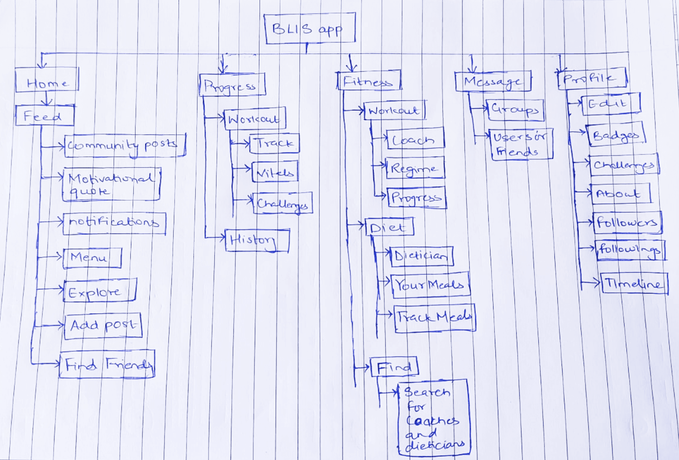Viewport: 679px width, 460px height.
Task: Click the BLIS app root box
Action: pos(309,29)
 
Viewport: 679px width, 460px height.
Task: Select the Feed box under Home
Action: pos(44,116)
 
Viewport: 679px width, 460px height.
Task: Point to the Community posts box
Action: pos(125,145)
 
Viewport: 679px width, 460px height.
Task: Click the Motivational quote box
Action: pos(111,184)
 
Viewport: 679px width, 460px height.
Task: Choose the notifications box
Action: pos(114,223)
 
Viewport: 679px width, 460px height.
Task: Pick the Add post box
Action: pos(103,326)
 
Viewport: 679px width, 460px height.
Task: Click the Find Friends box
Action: pos(107,364)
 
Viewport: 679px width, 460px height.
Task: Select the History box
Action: pos(257,240)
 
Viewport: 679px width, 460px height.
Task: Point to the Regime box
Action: pos(415,168)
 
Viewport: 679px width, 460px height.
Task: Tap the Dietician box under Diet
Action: pos(422,256)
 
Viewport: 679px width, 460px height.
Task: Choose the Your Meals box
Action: pos(430,285)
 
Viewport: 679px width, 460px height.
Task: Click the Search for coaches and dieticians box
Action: pos(434,417)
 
